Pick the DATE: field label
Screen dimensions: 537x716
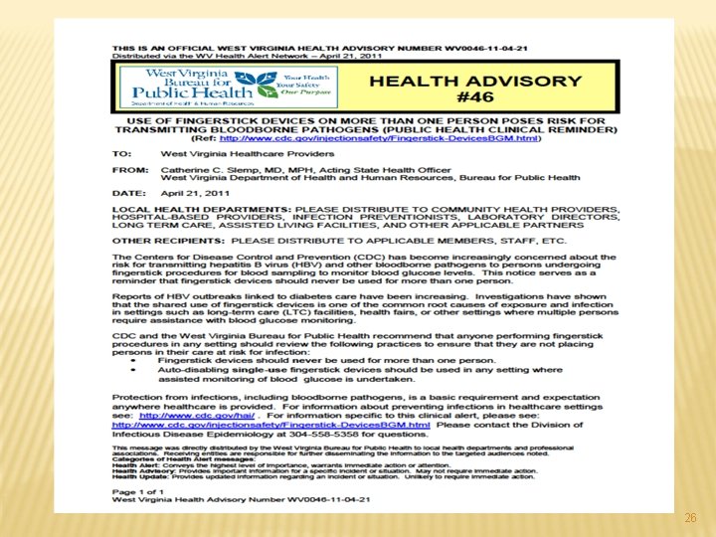130,193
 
